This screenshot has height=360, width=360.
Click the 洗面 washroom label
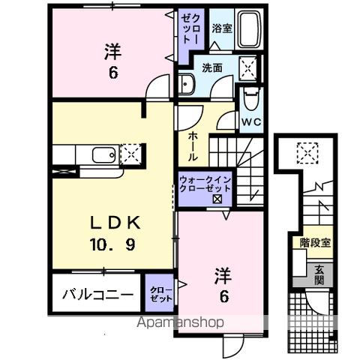[212, 68]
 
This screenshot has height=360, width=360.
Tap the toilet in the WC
[250, 99]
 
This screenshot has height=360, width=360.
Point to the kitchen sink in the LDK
[103, 156]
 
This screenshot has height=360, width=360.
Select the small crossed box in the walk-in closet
[217, 199]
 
